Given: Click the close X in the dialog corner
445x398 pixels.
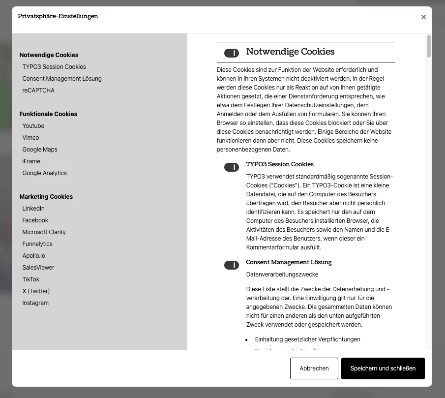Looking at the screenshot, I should (423, 17).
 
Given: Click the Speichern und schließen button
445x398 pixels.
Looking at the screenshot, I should (383, 368).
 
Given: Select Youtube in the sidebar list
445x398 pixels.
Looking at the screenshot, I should (33, 126).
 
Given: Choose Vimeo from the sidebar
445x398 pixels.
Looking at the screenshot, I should (30, 138).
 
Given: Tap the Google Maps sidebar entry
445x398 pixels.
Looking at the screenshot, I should (40, 150).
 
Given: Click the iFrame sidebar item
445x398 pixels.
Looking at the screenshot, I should (31, 161).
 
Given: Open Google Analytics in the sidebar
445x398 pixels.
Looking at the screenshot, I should (44, 173).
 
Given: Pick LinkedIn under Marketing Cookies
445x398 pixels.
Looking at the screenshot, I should (33, 209).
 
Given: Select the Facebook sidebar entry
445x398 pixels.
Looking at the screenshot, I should (35, 220).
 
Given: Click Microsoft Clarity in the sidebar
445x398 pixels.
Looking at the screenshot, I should (44, 232).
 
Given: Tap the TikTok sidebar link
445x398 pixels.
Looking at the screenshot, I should (30, 279).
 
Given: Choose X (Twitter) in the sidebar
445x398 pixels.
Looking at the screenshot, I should (36, 291).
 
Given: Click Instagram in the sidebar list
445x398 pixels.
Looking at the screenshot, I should (35, 303).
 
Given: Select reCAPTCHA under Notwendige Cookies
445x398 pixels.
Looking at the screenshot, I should (38, 91).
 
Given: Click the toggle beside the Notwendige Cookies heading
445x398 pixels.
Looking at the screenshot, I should (232, 53).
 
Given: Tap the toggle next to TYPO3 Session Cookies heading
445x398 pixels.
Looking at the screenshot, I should (232, 167).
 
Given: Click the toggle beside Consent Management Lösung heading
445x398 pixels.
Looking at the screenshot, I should (232, 265).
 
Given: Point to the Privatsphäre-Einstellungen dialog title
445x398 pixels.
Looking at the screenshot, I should (58, 16).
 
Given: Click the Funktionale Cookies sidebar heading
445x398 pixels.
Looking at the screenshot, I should (48, 114).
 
